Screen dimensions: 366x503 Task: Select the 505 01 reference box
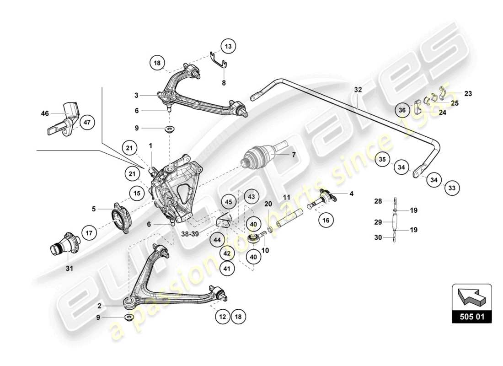pos(471,316)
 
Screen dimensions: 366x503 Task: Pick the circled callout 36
pos(402,110)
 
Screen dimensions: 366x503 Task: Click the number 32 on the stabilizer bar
pos(358,90)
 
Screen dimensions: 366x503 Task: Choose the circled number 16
pos(325,221)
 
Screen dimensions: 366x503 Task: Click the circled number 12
pos(223,316)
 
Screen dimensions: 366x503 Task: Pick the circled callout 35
pos(383,160)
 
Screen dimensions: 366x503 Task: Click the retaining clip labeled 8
pos(219,62)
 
